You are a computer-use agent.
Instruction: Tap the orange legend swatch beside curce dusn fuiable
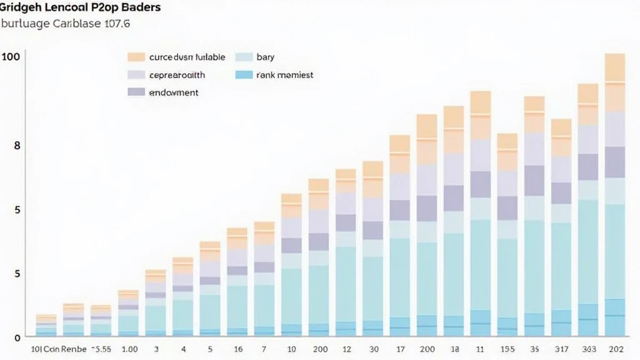(x=136, y=57)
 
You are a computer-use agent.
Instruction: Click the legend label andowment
(x=174, y=92)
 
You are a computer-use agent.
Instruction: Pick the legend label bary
(x=265, y=57)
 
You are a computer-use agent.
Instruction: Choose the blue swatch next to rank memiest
(x=244, y=75)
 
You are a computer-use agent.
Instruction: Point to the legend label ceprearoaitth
(x=177, y=75)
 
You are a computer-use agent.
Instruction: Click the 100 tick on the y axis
(x=11, y=57)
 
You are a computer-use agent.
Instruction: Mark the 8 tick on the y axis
(x=17, y=145)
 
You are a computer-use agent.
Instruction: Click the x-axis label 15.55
(x=101, y=349)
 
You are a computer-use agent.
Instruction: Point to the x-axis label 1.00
(x=129, y=349)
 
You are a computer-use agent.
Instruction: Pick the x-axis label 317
(x=561, y=349)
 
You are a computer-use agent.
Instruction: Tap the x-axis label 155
(x=507, y=349)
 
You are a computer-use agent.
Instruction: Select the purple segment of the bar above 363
(x=587, y=167)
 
